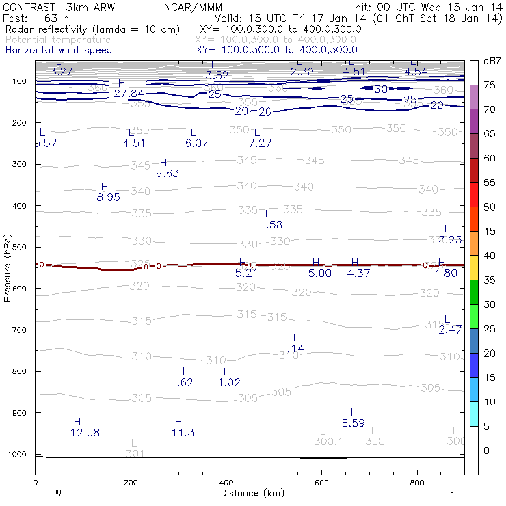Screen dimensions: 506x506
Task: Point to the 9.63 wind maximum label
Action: (x=168, y=173)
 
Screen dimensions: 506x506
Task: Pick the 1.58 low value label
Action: (x=271, y=224)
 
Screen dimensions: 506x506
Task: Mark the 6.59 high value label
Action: (x=353, y=423)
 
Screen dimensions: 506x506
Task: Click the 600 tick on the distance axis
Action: (x=321, y=483)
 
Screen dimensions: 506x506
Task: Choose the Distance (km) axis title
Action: (x=252, y=492)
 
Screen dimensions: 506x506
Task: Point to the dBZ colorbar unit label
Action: (x=492, y=62)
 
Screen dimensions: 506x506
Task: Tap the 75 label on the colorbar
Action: (x=489, y=85)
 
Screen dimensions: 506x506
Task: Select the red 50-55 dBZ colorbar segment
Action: (x=473, y=194)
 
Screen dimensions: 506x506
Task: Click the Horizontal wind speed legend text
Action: (x=58, y=50)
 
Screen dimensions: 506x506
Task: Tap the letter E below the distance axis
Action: (x=453, y=492)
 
